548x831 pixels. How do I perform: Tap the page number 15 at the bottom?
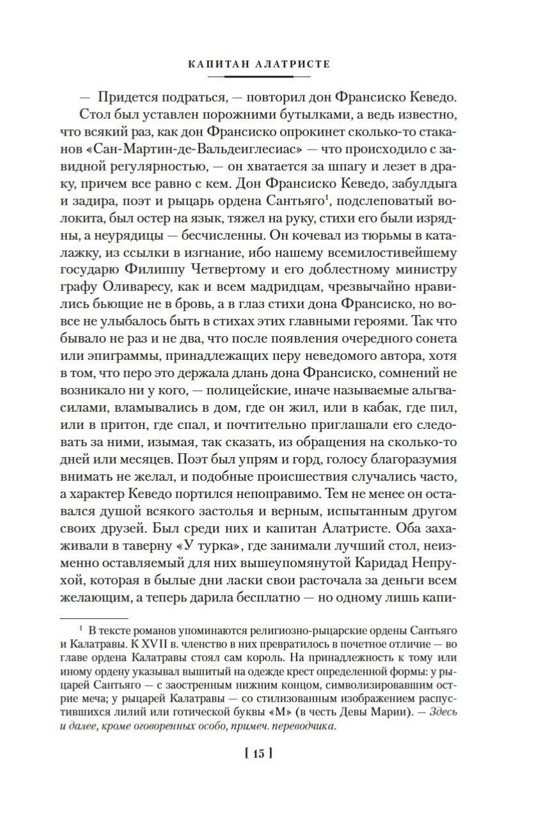click(258, 754)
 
